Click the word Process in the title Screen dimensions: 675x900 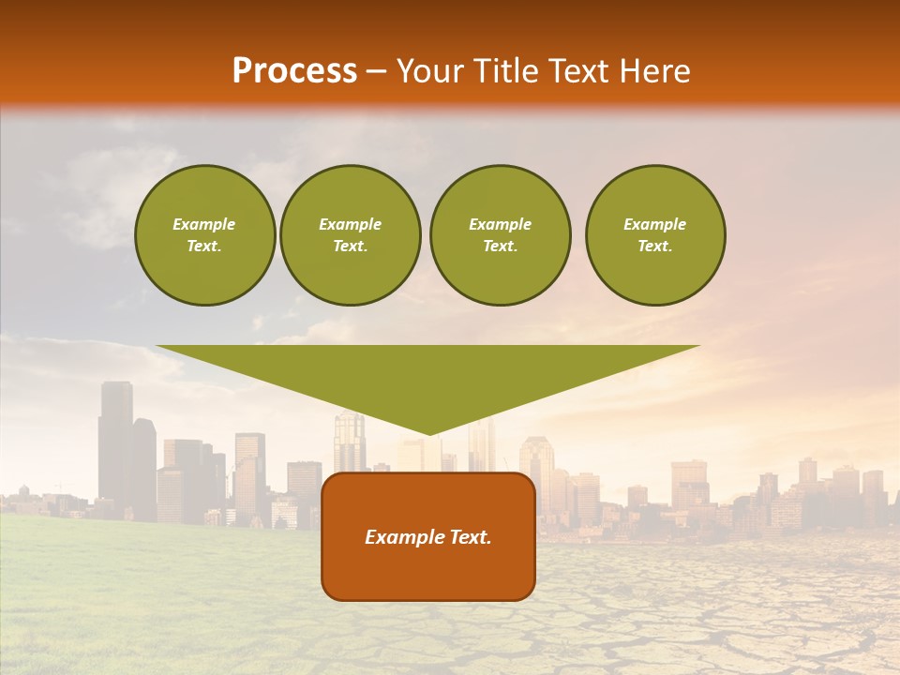click(294, 71)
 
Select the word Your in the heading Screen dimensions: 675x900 click(428, 71)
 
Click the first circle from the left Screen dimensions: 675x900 click(204, 235)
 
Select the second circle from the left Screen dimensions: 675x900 click(350, 235)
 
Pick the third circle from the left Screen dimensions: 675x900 click(500, 235)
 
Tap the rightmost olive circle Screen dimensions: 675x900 click(654, 235)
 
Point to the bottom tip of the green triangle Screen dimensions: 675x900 click(428, 433)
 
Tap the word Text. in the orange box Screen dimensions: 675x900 click(470, 537)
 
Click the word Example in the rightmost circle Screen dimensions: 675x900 click(654, 224)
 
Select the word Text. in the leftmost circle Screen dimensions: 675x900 click(204, 247)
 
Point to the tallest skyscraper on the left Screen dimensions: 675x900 click(115, 441)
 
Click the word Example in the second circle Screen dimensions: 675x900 click(350, 224)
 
